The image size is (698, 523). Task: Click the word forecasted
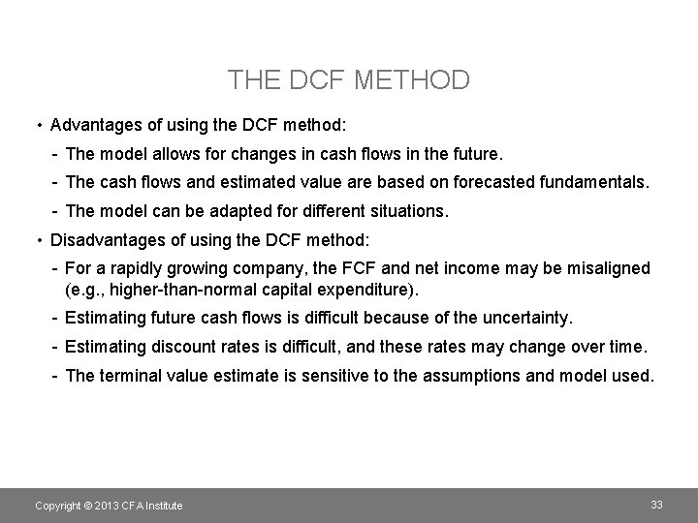[x=451, y=182]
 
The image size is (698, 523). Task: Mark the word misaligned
[x=604, y=268]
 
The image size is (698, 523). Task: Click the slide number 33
[x=656, y=505]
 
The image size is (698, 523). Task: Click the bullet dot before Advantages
[x=36, y=126]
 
